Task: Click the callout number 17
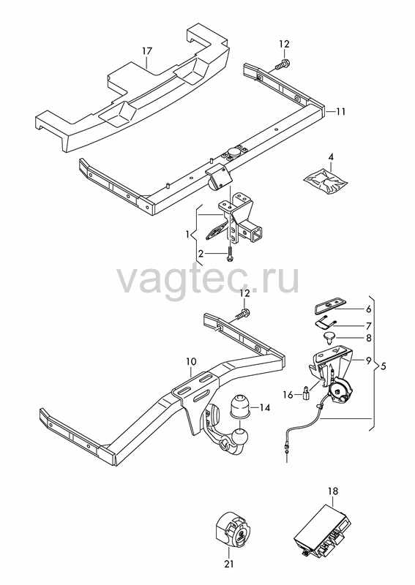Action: point(148,50)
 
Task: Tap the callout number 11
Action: point(340,112)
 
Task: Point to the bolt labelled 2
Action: point(228,255)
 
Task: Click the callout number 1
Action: point(188,235)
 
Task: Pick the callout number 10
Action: point(191,361)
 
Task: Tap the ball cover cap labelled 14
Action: point(239,406)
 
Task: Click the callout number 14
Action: point(264,407)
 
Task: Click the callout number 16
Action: point(288,394)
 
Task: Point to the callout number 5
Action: point(383,366)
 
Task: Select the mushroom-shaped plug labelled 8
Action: point(329,337)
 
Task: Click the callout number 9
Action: point(368,361)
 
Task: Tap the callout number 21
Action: point(229,564)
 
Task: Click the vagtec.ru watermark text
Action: point(209,279)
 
